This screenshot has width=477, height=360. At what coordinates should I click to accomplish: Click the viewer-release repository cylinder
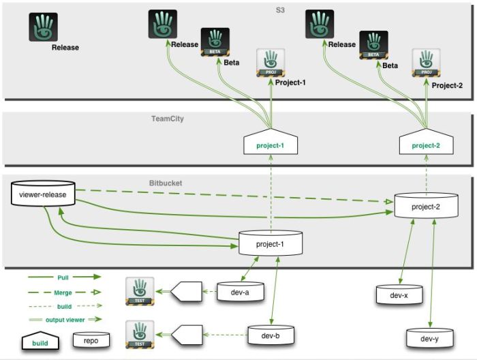(43, 194)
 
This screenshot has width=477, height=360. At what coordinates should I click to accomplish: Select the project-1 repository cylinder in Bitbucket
(270, 243)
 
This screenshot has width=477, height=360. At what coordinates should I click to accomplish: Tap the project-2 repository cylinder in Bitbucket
(426, 206)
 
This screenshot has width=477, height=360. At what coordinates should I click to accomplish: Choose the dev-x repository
(399, 295)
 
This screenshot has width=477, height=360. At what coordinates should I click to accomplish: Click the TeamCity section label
(167, 119)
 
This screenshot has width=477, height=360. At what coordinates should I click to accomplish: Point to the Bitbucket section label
(166, 183)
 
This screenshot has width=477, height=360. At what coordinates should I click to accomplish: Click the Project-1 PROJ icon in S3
(271, 62)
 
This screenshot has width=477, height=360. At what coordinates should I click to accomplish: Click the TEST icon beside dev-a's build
(140, 291)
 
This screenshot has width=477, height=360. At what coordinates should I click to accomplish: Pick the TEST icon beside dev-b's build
(140, 334)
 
